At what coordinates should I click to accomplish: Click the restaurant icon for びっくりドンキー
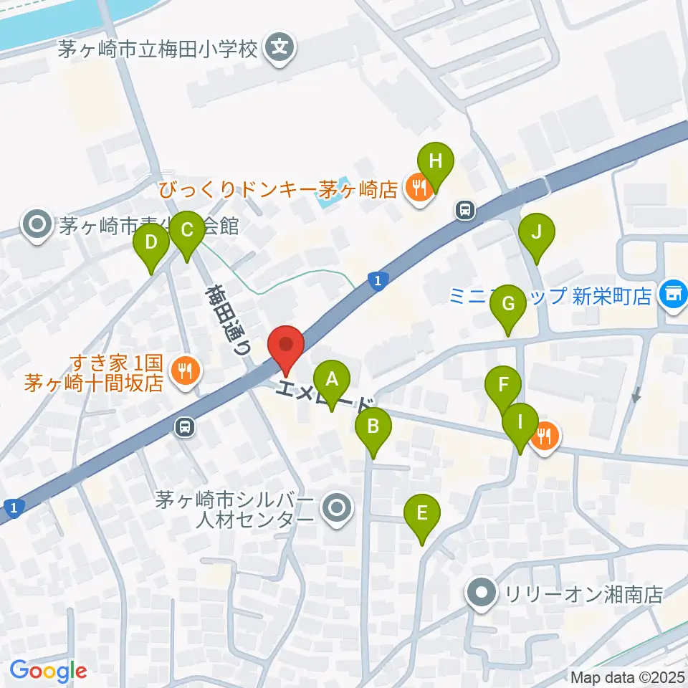click(417, 188)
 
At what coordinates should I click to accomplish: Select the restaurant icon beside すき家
click(186, 371)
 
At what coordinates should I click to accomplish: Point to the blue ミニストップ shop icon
click(673, 295)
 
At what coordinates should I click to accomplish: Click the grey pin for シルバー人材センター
click(336, 509)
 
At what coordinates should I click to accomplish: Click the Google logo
click(48, 671)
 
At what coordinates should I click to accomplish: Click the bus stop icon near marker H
click(466, 210)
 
